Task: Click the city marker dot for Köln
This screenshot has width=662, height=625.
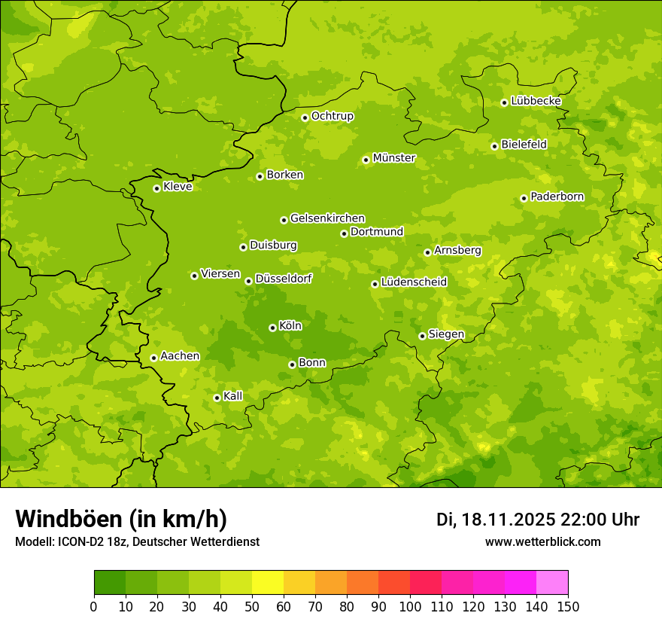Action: tap(272, 328)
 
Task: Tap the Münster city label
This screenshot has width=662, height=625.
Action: tap(393, 158)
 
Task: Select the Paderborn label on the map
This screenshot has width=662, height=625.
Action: tap(557, 197)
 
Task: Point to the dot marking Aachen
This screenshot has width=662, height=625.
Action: tap(153, 358)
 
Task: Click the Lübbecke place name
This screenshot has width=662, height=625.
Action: tap(536, 101)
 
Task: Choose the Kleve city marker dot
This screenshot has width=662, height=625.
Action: tap(156, 188)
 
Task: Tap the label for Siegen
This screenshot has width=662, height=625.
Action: tap(446, 334)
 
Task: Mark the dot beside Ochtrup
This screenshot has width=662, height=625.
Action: tap(305, 117)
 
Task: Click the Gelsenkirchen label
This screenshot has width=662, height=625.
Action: tap(327, 218)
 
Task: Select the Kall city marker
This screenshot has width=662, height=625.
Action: tap(217, 398)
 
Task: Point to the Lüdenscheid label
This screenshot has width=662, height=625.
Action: tap(414, 282)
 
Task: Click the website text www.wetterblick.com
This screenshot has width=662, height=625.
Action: tap(542, 542)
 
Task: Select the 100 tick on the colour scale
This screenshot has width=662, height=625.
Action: tap(410, 606)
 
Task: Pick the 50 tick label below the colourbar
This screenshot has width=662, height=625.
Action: tap(252, 606)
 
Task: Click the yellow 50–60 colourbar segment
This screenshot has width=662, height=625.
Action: tap(268, 583)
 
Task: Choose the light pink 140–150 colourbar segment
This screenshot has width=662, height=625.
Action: tap(552, 583)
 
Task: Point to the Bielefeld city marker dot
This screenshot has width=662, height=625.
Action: tap(494, 146)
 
